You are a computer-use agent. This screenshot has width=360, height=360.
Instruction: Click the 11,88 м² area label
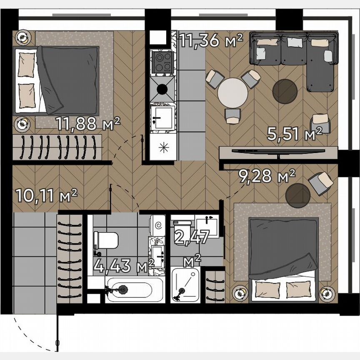point(88,123)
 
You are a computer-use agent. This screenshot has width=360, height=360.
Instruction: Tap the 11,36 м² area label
point(211,41)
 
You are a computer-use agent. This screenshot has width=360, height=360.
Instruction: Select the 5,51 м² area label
point(295,134)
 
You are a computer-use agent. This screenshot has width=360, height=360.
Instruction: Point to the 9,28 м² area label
point(267,176)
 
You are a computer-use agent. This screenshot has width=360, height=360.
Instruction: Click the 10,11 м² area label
point(46,195)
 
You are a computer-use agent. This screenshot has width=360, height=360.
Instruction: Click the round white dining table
point(232,92)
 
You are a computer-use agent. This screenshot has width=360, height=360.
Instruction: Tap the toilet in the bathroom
point(106,240)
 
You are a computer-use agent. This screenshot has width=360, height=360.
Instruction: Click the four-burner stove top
point(162,61)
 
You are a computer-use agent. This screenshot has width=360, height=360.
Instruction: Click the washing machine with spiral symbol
point(158,225)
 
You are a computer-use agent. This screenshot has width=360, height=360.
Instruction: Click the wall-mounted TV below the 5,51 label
point(278,151)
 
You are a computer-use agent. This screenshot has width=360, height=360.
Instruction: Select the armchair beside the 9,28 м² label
point(320,182)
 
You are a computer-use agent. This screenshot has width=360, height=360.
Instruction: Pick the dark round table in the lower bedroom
point(297,195)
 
